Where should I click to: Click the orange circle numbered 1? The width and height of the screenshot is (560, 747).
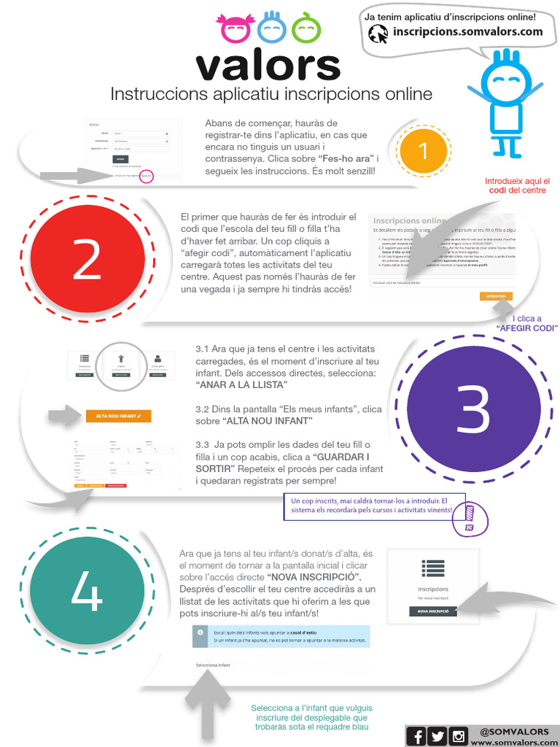[423, 151]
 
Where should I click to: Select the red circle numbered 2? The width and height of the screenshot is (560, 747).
[87, 262]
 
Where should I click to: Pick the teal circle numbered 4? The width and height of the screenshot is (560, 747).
[87, 592]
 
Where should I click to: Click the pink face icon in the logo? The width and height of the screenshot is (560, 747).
[236, 28]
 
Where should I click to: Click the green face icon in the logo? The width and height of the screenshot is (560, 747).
[306, 28]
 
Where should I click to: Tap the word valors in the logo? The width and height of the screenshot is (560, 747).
[268, 66]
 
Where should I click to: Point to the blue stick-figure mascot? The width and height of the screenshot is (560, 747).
[505, 102]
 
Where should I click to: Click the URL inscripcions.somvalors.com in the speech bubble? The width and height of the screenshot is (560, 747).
[467, 32]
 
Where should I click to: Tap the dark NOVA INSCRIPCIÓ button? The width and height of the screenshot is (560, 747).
[433, 611]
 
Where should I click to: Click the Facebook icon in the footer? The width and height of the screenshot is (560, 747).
[417, 736]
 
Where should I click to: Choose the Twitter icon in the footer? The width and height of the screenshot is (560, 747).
[437, 736]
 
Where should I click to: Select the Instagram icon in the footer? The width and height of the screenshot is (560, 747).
[459, 736]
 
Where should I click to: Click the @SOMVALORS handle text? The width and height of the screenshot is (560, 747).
[515, 731]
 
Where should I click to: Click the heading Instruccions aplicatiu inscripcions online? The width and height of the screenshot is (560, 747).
[271, 95]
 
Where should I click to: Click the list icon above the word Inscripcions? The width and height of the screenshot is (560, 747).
[433, 568]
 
